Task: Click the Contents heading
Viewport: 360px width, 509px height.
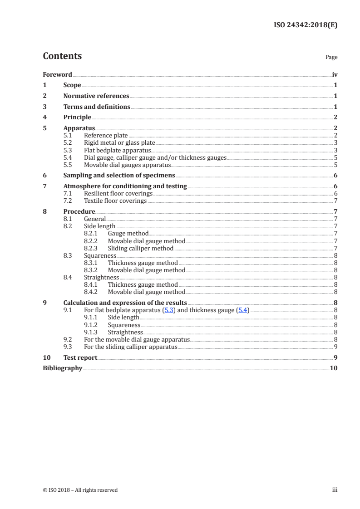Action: point(62,56)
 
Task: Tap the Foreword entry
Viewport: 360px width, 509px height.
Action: point(57,74)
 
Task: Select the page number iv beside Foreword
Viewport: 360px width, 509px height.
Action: point(335,74)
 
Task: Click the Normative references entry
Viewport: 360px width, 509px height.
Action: point(96,96)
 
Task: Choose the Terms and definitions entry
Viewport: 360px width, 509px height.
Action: point(97,107)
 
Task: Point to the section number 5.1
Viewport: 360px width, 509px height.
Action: point(67,135)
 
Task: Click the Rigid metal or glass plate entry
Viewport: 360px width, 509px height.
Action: point(116,142)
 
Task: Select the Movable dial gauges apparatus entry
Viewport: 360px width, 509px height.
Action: point(127,165)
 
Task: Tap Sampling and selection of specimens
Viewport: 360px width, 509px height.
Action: point(119,175)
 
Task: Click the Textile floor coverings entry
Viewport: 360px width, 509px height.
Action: point(115,201)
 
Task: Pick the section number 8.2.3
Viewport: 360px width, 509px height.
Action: point(92,248)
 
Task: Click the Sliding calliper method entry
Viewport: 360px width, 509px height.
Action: point(141,248)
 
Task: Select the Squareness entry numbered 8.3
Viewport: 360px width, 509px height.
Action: point(100,255)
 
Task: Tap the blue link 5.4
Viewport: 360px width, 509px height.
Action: point(243,311)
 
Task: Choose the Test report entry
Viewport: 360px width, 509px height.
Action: point(80,357)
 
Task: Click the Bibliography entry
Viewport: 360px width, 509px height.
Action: point(62,368)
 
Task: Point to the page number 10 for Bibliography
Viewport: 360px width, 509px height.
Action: point(334,368)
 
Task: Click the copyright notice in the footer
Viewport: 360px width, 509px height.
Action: point(80,490)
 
